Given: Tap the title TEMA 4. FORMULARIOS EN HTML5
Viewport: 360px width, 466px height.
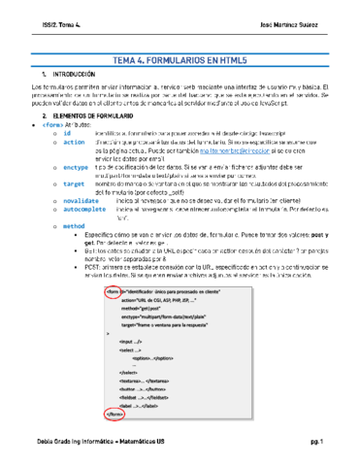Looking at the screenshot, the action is coord(180,57).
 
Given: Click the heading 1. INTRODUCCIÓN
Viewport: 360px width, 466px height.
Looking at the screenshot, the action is coord(70,74).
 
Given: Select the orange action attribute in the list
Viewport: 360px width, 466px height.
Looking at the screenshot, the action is coord(73,142).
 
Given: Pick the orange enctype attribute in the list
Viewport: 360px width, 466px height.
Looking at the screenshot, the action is coord(75,168).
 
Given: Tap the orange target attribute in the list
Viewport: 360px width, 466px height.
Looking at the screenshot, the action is coord(73,182).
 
